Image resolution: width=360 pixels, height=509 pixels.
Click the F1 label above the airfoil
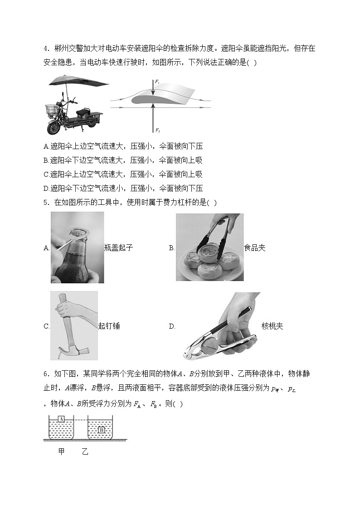(x=157, y=81)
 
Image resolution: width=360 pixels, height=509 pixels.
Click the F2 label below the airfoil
(x=157, y=130)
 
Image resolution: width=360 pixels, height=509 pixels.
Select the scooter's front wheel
(x=54, y=127)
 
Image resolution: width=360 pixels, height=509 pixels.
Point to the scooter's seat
(x=83, y=111)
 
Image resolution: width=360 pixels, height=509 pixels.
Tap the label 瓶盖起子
(x=118, y=248)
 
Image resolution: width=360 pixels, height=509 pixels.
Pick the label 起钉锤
(x=109, y=326)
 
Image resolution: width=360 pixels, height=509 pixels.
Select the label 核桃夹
(x=272, y=326)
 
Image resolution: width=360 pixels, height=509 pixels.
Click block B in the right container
(x=102, y=429)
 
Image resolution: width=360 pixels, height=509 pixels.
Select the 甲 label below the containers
(x=62, y=452)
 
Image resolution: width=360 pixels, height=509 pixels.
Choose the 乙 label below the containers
(x=85, y=452)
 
